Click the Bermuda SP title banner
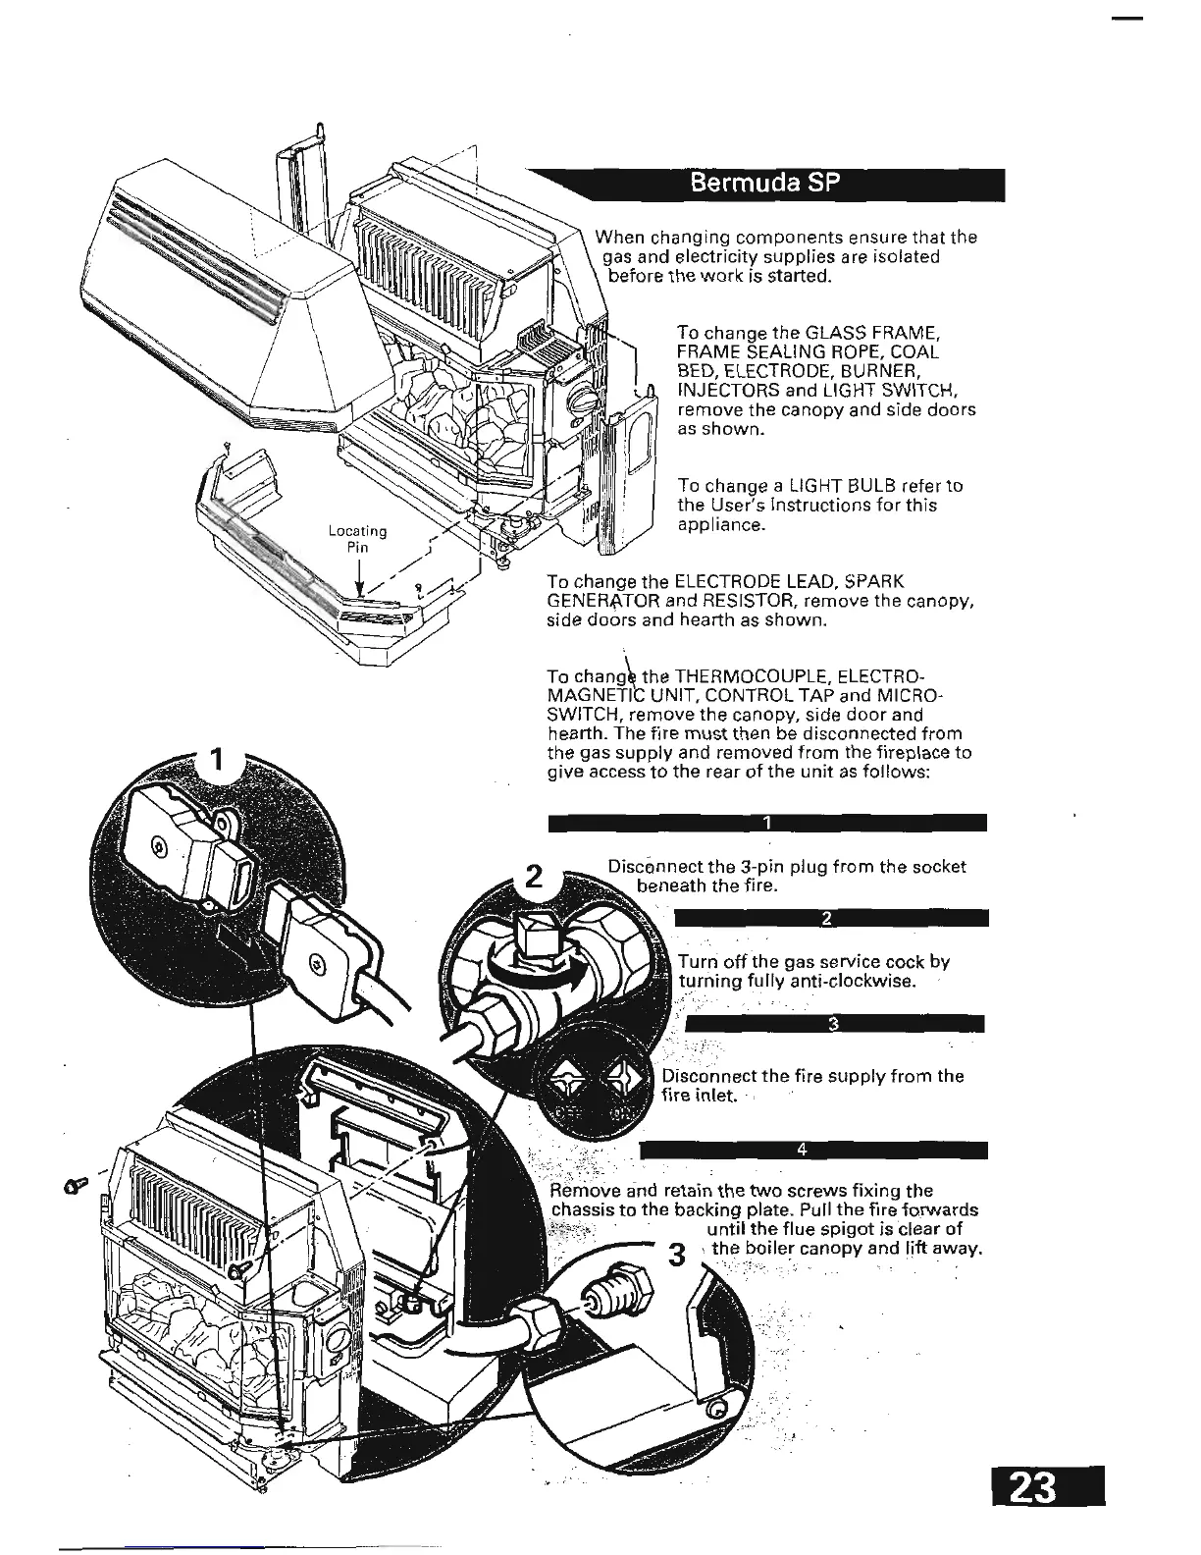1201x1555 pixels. [764, 184]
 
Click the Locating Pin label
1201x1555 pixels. [358, 539]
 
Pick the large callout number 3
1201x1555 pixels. [674, 1255]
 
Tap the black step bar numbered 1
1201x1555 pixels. [768, 823]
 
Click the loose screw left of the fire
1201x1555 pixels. [76, 1186]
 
